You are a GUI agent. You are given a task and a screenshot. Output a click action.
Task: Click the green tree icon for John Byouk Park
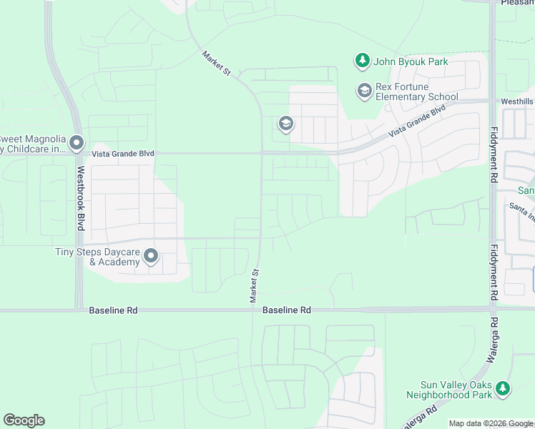(363, 61)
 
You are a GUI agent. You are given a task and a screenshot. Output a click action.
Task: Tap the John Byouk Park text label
(411, 62)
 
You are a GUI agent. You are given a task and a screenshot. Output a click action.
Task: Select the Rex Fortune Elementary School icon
(364, 90)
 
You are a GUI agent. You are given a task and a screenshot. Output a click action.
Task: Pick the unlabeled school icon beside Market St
(285, 124)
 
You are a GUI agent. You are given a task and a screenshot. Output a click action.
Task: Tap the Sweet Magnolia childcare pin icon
(77, 144)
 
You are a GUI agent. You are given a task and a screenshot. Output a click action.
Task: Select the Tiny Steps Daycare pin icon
(150, 255)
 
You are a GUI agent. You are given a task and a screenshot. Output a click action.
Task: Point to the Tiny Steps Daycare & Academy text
(97, 257)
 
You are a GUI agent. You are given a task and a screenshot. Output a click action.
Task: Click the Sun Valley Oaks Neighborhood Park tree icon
(503, 388)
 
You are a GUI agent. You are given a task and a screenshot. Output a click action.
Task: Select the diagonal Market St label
(217, 63)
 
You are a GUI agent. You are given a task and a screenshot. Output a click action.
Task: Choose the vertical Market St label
(254, 285)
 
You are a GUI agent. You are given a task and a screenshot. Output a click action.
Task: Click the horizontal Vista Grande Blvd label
(123, 154)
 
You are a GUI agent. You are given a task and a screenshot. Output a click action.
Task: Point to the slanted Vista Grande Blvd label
(417, 122)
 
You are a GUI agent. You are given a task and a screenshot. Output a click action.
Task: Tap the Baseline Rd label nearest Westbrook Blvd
(113, 310)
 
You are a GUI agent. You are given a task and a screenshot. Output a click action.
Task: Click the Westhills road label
(516, 102)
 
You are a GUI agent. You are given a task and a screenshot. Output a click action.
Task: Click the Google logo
(24, 420)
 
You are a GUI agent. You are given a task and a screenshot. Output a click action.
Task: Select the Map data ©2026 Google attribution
(491, 423)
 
